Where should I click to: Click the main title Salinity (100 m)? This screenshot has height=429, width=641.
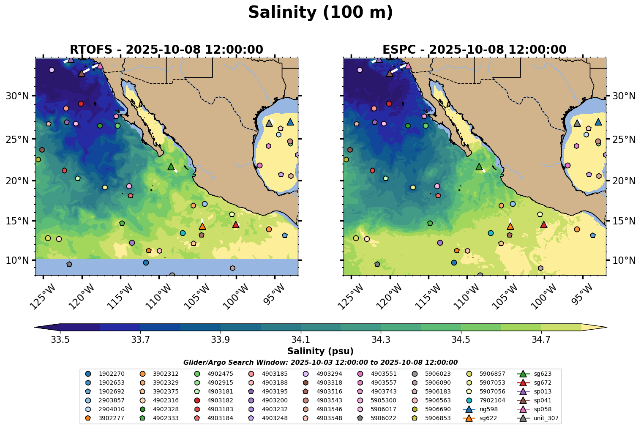pos(320,13)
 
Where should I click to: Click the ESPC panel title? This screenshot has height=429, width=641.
pos(474,50)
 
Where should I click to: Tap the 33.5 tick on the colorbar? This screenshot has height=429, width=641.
pos(60,339)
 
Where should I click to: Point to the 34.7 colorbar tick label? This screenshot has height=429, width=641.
pos(541,339)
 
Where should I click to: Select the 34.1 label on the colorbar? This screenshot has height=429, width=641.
pos(300,339)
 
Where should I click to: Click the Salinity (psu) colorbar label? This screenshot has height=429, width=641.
pos(320,351)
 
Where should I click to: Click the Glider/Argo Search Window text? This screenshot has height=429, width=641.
pos(320,362)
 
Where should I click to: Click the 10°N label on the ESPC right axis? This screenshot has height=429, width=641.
pos(624,260)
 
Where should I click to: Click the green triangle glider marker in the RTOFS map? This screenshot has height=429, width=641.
pos(171,167)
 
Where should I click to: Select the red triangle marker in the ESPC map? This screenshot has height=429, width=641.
pos(544,224)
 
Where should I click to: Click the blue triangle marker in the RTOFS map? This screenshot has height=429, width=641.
pos(290,122)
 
